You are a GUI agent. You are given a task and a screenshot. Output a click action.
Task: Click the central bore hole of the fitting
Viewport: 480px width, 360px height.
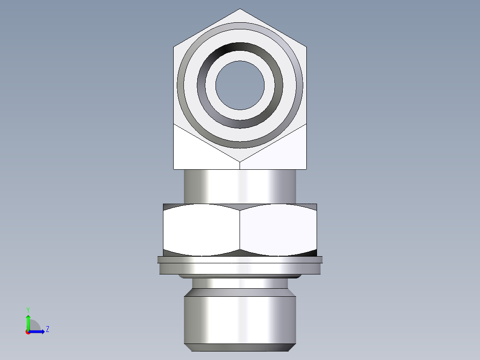(240, 85)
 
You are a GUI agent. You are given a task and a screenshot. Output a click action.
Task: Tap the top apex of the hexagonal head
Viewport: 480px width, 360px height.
(240, 9)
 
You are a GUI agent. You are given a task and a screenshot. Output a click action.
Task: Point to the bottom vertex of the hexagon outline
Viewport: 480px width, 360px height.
(240, 161)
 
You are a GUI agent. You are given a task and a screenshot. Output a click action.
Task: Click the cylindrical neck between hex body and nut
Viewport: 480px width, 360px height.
(240, 186)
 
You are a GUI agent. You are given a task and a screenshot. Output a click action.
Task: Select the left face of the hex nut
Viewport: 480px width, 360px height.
(201, 229)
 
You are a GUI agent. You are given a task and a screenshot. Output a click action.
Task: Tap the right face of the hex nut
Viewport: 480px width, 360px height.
(278, 229)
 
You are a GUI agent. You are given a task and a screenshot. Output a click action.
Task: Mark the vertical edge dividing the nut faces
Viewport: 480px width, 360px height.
(240, 229)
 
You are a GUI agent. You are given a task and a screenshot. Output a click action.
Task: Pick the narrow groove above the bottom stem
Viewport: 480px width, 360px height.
(240, 283)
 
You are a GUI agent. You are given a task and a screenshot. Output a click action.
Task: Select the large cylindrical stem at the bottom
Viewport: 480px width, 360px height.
(240, 319)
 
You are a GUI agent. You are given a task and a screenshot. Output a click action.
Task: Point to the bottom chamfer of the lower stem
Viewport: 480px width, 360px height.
(240, 348)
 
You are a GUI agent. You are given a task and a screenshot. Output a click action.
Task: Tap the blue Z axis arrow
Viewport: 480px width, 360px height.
(39, 331)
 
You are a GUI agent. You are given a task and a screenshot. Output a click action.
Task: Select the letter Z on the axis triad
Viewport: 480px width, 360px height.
(47, 329)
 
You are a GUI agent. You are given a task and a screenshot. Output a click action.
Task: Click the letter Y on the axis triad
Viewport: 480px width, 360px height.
(28, 309)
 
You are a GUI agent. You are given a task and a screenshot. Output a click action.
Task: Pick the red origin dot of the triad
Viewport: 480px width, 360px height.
(28, 332)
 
